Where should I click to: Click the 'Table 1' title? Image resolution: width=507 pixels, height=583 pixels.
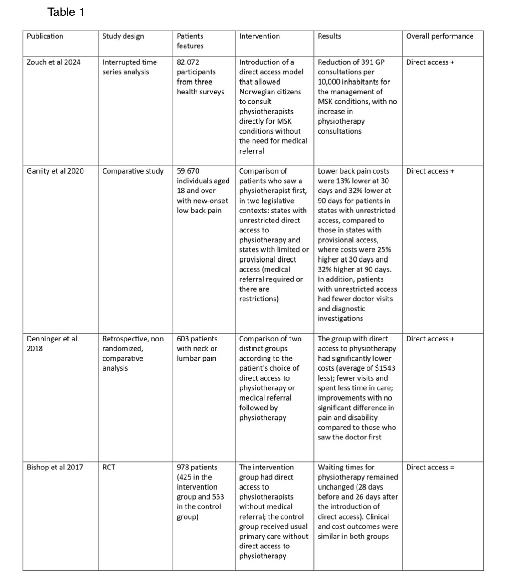66,12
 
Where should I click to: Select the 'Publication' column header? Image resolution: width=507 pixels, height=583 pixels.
45,36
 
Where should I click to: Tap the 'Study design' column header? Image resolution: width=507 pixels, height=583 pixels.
123,36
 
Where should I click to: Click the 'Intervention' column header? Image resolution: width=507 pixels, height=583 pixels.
259,36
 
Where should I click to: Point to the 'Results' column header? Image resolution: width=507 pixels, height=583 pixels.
329,36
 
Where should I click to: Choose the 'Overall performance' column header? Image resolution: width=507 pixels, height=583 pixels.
440,36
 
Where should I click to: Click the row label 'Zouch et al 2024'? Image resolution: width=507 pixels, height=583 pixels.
53,62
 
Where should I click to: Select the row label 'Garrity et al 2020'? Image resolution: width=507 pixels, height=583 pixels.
55,171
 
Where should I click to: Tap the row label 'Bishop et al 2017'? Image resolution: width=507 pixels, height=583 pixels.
55,467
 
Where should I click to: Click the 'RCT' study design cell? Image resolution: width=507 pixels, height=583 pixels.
109,467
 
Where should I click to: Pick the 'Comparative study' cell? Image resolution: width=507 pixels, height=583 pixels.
133,171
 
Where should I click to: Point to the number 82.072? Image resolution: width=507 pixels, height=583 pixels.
188,62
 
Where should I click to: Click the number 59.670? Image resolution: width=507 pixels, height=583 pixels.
188,171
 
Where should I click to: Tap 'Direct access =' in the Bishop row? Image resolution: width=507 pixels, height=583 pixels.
430,467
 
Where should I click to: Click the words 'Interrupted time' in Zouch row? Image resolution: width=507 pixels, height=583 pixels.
129,62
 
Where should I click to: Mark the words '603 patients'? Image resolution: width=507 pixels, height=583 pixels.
197,339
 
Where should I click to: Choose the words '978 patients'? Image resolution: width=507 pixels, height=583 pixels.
197,467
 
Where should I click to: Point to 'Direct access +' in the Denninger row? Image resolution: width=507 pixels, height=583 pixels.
430,339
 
